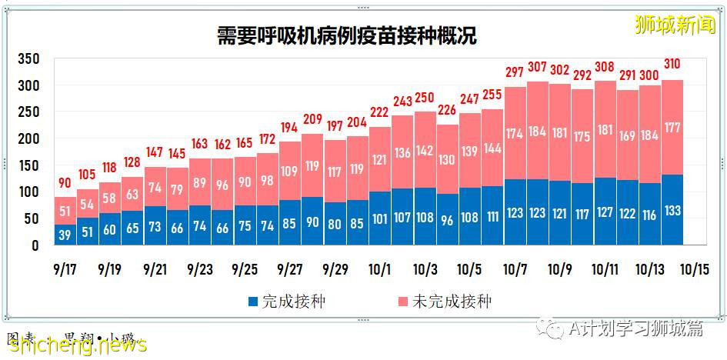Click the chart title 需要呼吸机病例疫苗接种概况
click(347, 35)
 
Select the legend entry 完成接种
click(285, 302)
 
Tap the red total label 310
click(672, 65)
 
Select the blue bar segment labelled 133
click(672, 209)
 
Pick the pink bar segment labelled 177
click(672, 128)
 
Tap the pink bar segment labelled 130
click(448, 159)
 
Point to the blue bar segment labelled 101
click(379, 218)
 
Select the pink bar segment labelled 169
click(628, 135)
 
